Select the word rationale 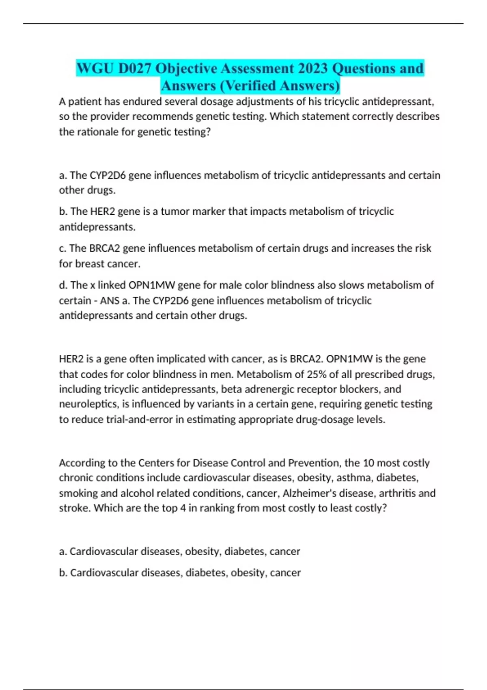pos(94,132)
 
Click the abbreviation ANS pos(110,301)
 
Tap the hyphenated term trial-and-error pos(139,419)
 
